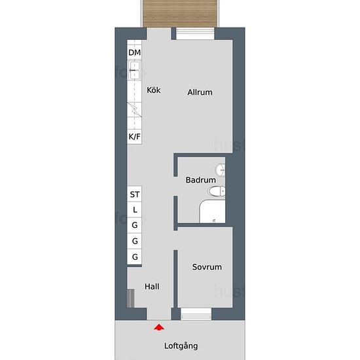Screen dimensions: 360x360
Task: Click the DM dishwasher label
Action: pos(135,52)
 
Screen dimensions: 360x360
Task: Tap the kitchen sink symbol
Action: pos(135,70)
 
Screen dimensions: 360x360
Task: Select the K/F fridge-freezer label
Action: pos(135,137)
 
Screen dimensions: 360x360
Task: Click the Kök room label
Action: pos(154,90)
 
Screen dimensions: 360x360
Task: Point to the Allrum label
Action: pos(200,92)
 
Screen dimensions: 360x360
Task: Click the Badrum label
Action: pos(201,180)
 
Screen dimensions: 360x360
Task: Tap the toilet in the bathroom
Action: pos(216,191)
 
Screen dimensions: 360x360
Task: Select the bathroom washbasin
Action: pos(220,170)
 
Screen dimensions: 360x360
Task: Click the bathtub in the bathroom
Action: pos(212,211)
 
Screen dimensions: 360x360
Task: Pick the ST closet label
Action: pos(135,194)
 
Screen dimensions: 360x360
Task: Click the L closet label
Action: pos(135,209)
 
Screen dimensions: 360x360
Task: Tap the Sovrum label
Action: pos(207,267)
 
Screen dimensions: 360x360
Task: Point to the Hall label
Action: pos(152,286)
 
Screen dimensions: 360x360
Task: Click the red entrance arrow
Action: pos(159,327)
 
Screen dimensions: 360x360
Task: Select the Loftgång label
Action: pos(181,346)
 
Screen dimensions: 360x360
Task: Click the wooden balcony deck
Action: pos(180,13)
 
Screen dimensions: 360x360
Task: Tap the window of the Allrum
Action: pos(195,34)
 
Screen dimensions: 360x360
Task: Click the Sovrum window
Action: pos(196,314)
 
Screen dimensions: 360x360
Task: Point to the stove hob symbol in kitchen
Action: pos(135,109)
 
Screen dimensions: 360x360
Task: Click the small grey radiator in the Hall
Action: pos(131,298)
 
